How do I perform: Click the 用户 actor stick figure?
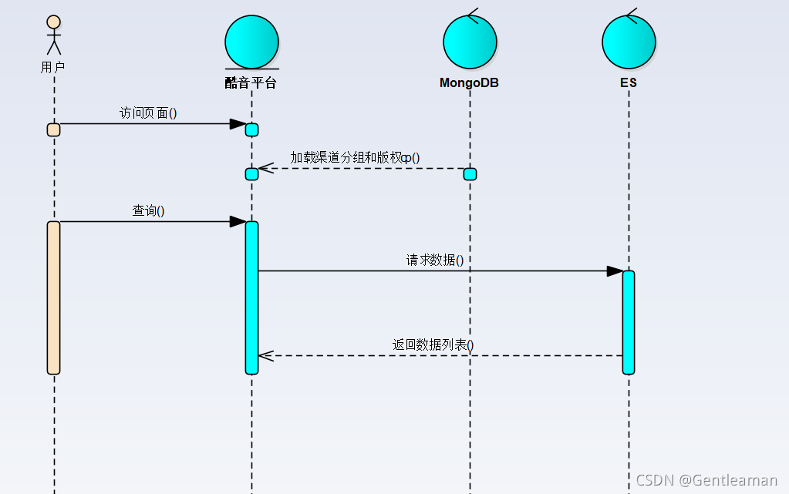point(53,35)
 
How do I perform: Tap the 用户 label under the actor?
point(53,67)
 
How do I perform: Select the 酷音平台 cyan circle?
point(251,41)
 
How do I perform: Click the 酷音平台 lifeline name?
point(251,82)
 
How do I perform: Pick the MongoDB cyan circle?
point(470,41)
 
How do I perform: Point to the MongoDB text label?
point(469,82)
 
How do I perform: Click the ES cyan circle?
point(629,41)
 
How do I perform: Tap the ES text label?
point(629,82)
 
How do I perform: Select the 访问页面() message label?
point(148,113)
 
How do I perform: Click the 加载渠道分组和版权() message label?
point(355,158)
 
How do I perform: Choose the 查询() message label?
point(148,211)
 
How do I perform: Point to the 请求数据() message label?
point(435,260)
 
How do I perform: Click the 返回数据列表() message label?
point(433,345)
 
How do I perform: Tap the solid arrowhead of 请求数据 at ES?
point(615,271)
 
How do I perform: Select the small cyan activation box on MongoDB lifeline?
point(470,174)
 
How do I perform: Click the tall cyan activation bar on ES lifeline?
point(629,322)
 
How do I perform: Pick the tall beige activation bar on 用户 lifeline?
point(53,297)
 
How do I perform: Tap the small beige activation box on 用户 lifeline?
point(53,129)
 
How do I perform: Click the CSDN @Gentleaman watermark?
point(706,480)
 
